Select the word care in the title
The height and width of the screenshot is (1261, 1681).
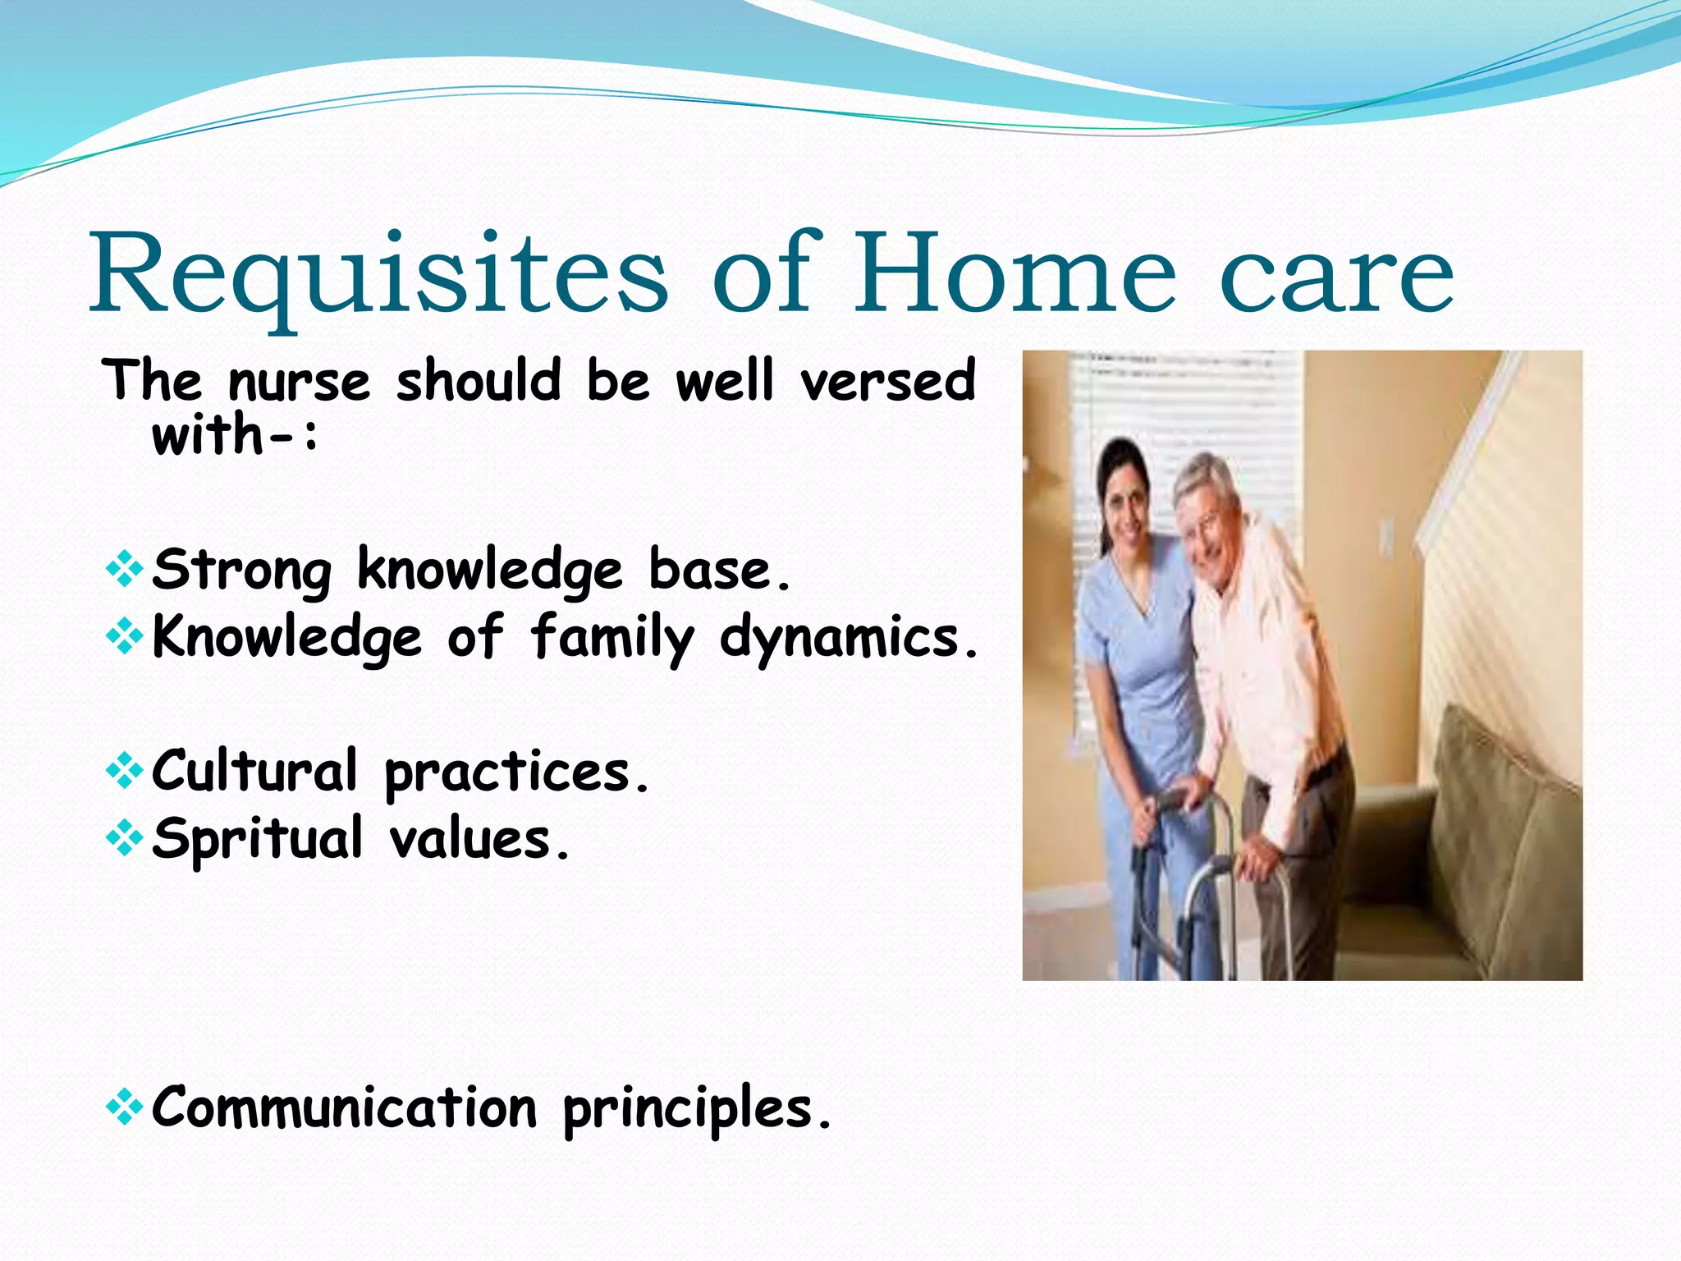coord(1337,279)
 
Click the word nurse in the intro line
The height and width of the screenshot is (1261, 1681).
coord(300,383)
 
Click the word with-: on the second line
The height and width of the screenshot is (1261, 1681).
coord(235,435)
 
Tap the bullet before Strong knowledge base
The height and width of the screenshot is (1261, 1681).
coord(125,570)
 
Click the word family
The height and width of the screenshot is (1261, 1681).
coord(612,639)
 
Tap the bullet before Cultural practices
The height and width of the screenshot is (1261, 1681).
coord(125,772)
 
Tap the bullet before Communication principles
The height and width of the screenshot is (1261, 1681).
coord(125,1108)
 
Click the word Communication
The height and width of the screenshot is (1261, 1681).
coord(345,1108)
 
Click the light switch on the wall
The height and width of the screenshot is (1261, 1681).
coord(1386,534)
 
